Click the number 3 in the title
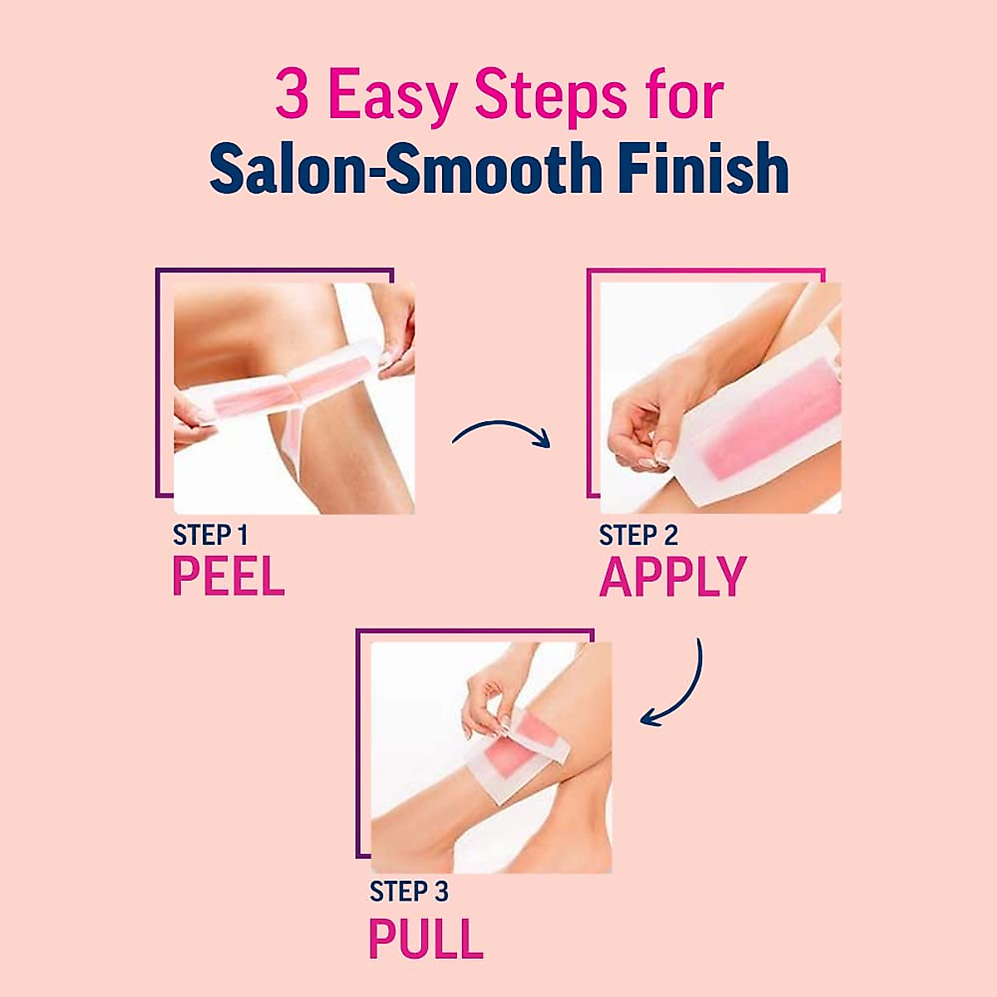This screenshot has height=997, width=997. pyautogui.click(x=292, y=96)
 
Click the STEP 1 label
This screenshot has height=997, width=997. pyautogui.click(x=210, y=535)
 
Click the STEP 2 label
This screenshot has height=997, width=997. pyautogui.click(x=638, y=536)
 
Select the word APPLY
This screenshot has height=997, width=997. pyautogui.click(x=673, y=577)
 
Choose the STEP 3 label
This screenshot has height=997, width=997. pyautogui.click(x=409, y=891)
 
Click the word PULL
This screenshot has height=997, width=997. pyautogui.click(x=425, y=939)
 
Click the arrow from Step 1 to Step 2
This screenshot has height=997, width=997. pyautogui.click(x=501, y=432)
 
